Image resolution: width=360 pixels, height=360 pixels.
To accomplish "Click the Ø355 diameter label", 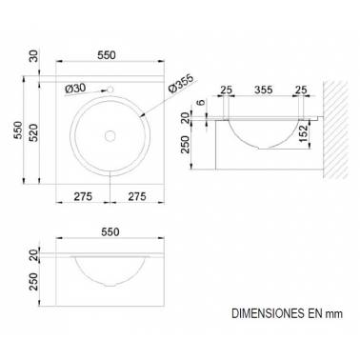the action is point(182,85).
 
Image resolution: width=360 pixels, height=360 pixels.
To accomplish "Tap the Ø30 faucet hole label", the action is point(75,88).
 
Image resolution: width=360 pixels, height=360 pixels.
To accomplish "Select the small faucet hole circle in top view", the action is point(110,90).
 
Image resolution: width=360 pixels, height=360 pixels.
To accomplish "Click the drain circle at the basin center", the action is point(110,136).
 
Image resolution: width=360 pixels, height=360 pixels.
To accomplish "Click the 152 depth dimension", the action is point(303,133).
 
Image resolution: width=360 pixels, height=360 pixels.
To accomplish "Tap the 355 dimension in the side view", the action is point(263,90).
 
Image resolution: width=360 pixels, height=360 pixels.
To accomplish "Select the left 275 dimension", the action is point(83,196).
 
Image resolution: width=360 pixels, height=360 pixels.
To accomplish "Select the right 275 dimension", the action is point(137,196).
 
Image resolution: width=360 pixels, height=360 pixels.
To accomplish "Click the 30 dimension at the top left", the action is point(33,56).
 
